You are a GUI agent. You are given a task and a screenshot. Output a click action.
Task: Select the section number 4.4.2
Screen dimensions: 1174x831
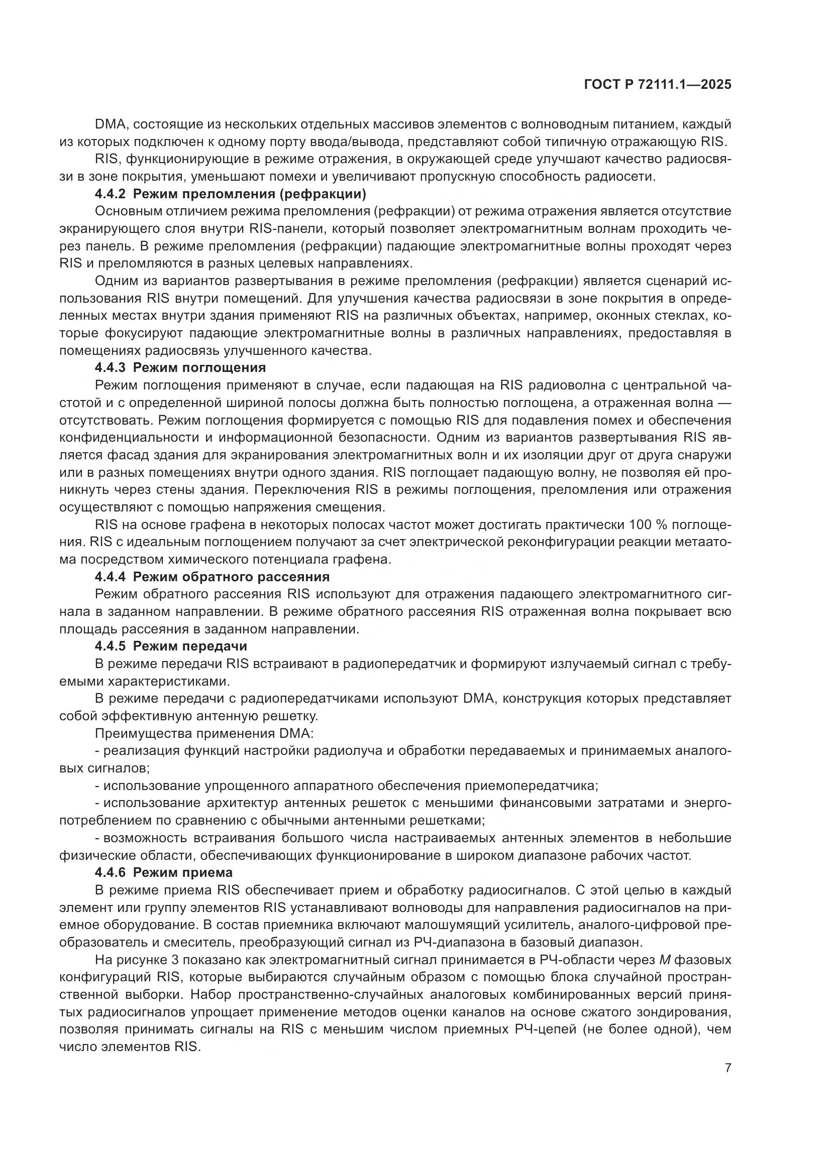pos(111,194)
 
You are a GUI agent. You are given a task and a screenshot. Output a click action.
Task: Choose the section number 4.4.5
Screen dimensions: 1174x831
pos(111,646)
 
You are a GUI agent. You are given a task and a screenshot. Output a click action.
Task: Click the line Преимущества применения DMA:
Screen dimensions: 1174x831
pos(204,733)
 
